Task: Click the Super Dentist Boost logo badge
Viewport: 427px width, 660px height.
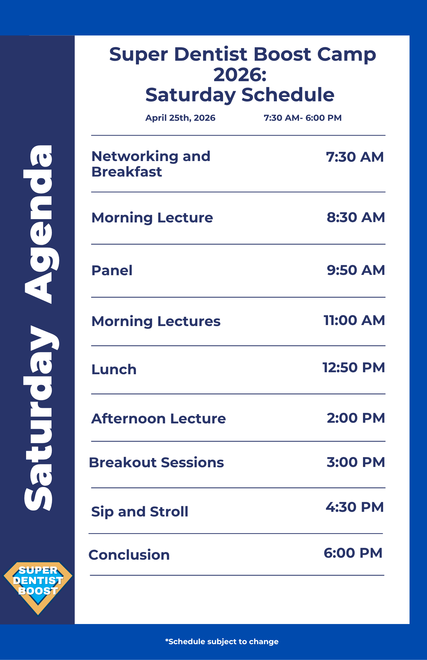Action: [x=38, y=588]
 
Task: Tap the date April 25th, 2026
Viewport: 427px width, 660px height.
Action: [x=180, y=118]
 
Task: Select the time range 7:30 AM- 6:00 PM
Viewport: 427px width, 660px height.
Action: [x=303, y=118]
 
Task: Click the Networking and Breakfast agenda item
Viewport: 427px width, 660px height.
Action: [x=151, y=164]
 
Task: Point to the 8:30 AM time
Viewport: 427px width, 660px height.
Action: [x=356, y=217]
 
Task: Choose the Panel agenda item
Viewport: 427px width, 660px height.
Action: [x=112, y=270]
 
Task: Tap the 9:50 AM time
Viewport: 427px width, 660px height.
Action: [x=356, y=270]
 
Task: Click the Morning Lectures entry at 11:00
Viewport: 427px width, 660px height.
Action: [x=156, y=321]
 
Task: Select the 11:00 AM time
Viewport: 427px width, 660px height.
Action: [x=354, y=320]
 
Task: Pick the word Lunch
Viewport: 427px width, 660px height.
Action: [x=114, y=370]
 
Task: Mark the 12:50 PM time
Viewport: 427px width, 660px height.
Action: [x=354, y=368]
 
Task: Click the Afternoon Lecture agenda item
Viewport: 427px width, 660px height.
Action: [x=158, y=418]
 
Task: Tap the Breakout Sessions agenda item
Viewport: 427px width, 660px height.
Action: [x=156, y=463]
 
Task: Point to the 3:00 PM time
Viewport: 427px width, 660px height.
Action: [x=356, y=462]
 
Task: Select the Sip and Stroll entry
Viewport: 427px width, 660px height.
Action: [x=140, y=512]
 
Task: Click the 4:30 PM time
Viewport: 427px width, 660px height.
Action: [x=355, y=507]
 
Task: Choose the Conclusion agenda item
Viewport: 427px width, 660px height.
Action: [x=129, y=555]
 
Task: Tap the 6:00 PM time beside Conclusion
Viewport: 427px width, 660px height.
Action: [x=353, y=553]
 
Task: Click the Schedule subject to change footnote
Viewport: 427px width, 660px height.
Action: [x=222, y=642]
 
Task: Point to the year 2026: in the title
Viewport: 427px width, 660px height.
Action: [x=240, y=75]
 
